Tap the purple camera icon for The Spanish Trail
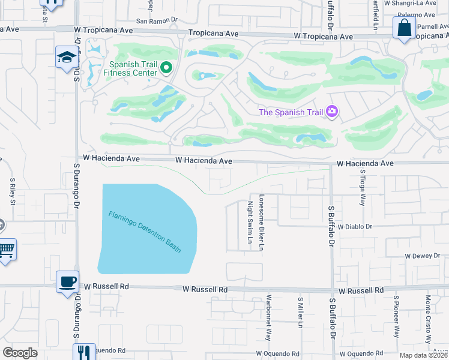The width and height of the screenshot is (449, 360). tap(331, 112)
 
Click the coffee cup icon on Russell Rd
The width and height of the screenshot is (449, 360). tap(67, 281)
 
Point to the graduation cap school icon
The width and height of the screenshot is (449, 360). tap(65, 57)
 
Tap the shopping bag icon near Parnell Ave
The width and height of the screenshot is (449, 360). tap(404, 27)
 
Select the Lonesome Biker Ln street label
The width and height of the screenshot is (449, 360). tap(262, 221)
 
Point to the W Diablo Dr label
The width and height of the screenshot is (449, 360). tap(355, 227)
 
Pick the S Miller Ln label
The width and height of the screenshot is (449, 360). tap(300, 312)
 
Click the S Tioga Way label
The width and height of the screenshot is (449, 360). tap(363, 187)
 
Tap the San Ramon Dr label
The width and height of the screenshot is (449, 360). tap(157, 20)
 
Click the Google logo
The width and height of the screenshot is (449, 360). tap(20, 353)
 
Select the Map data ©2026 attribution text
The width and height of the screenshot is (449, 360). tap(423, 355)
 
